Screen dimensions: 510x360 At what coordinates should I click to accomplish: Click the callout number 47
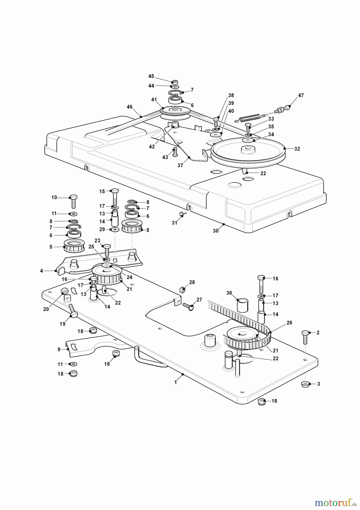pos(301,95)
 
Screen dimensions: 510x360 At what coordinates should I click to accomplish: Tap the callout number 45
pos(151,76)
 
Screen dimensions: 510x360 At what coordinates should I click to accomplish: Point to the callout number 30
pos(216,231)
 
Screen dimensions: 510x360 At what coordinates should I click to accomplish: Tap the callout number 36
pos(229,293)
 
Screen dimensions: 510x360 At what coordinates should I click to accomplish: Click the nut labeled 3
pos(305,384)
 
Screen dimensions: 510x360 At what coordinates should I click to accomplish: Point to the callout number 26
pos(289,323)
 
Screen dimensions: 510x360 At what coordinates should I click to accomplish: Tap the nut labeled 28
pos(183,290)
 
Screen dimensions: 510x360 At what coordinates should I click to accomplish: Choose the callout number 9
pos(59,350)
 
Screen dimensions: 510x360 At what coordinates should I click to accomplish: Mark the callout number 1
pos(175,382)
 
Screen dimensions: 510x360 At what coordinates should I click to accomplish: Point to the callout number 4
pos(41,271)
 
